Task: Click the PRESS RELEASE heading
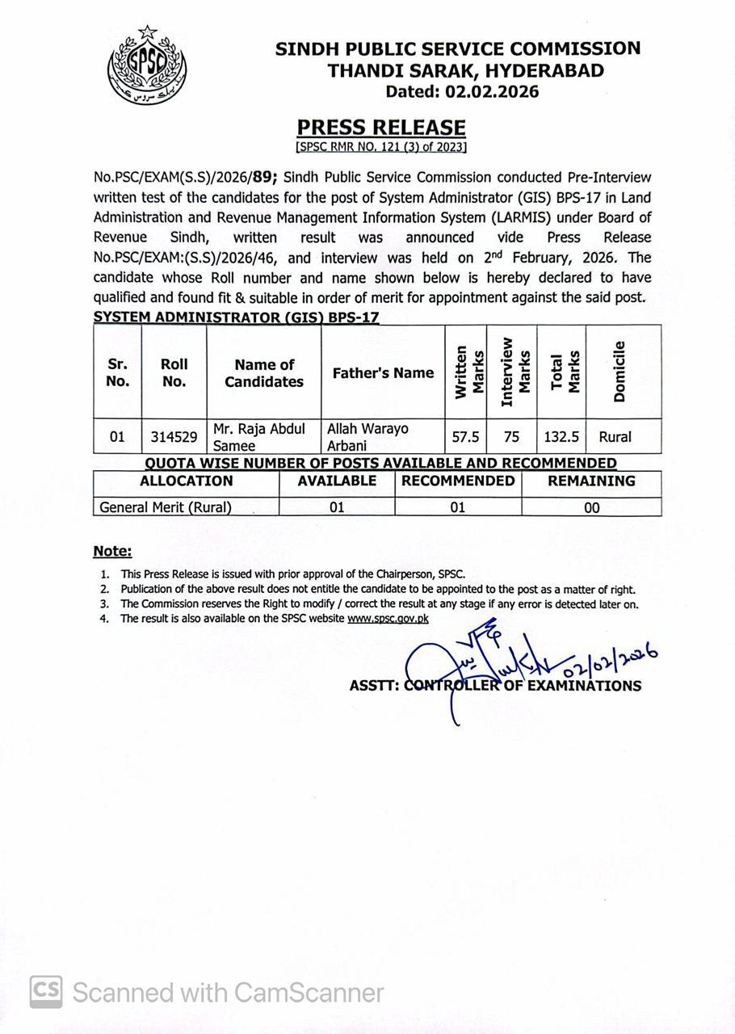click(381, 128)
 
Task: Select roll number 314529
click(174, 437)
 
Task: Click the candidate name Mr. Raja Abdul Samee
click(258, 437)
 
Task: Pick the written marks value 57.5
click(465, 437)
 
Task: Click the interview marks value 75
click(510, 437)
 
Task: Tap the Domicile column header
click(619, 372)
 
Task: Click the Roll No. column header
click(174, 372)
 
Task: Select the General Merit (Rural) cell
click(166, 507)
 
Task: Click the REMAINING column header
click(591, 481)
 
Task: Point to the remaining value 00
click(591, 508)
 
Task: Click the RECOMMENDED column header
click(458, 481)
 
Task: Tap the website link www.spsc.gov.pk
click(388, 619)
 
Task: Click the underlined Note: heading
click(112, 552)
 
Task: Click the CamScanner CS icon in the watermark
click(47, 991)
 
